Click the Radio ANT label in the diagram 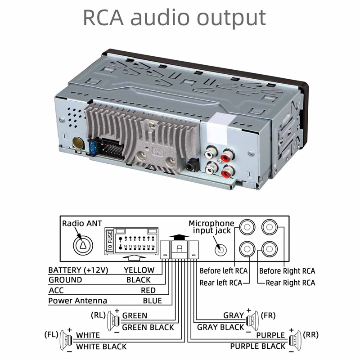coord(82,223)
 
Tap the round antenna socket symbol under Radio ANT coord(83,243)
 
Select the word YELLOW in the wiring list coord(139,270)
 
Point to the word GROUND coord(65,280)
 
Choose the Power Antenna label coord(77,301)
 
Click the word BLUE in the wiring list coord(152,301)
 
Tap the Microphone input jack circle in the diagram coord(220,248)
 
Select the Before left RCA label coord(223,271)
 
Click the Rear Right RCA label coord(290,283)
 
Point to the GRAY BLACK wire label coord(220,327)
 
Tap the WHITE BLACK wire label coord(101,346)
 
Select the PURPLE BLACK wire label coord(258,346)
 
